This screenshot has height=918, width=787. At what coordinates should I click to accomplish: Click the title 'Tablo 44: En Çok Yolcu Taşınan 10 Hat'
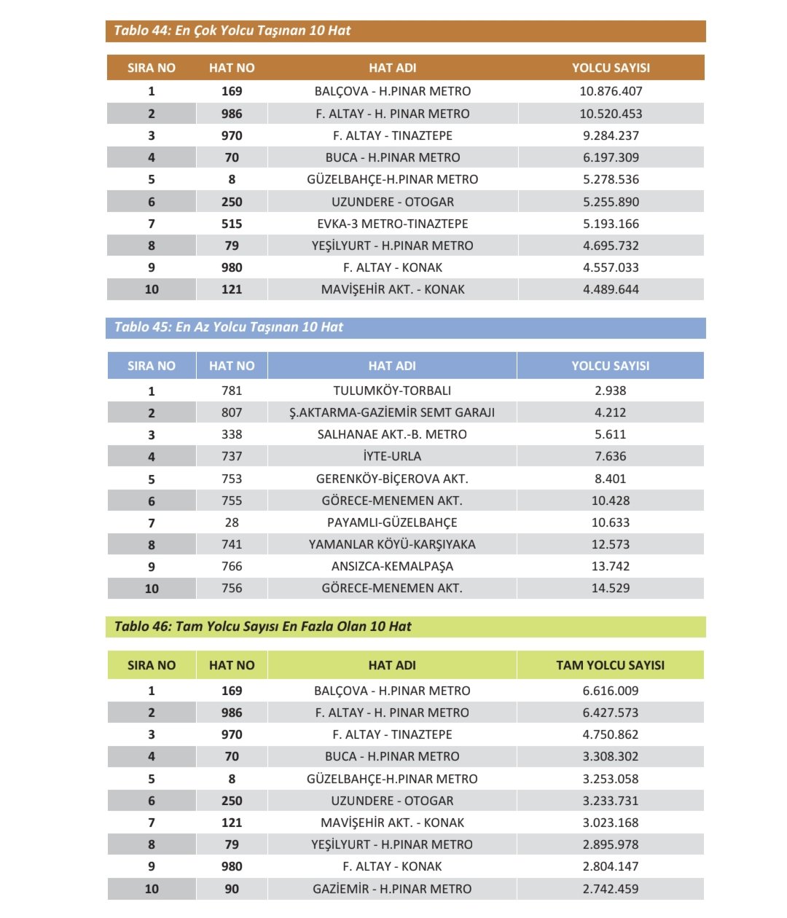(x=232, y=31)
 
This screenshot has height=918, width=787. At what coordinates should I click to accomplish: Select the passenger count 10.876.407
(x=611, y=91)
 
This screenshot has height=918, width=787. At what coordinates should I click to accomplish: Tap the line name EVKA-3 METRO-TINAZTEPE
(x=392, y=224)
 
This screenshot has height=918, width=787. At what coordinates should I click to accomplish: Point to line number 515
(x=232, y=224)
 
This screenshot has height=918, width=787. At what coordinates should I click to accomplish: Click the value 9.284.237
(x=611, y=136)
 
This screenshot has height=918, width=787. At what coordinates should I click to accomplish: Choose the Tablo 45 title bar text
(x=228, y=327)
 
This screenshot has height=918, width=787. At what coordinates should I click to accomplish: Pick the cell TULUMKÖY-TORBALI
(x=392, y=391)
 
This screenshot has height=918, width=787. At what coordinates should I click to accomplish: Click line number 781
(x=232, y=391)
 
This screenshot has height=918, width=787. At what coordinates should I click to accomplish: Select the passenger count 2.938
(x=611, y=391)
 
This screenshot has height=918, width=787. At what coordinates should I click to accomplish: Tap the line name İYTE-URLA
(x=392, y=456)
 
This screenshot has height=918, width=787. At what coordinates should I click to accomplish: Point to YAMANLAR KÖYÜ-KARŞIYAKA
(x=392, y=544)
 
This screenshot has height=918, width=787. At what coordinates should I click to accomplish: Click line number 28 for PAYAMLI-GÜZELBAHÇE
(x=232, y=522)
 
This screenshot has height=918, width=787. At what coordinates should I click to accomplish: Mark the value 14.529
(x=611, y=588)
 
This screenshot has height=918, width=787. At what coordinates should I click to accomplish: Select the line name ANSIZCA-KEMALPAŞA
(x=392, y=566)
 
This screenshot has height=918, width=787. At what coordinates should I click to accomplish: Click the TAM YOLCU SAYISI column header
(x=611, y=665)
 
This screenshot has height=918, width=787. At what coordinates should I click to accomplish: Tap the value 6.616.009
(x=611, y=691)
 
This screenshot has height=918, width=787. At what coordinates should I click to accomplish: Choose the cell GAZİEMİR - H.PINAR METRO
(x=392, y=889)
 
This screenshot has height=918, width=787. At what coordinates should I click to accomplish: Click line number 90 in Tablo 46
(x=232, y=889)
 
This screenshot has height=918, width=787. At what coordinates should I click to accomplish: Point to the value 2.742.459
(x=611, y=889)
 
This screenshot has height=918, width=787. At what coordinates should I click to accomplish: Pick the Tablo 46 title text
(x=262, y=627)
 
